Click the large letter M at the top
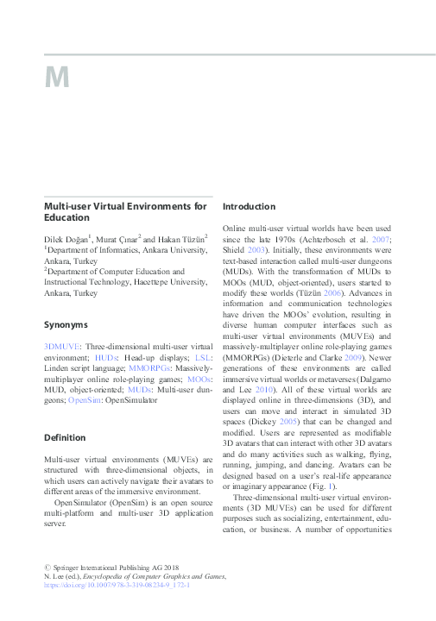click(x=57, y=78)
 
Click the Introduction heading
click(x=250, y=207)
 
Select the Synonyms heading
click(x=66, y=325)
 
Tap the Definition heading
click(x=66, y=437)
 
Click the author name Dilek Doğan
click(x=66, y=238)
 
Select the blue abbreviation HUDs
click(x=107, y=356)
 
